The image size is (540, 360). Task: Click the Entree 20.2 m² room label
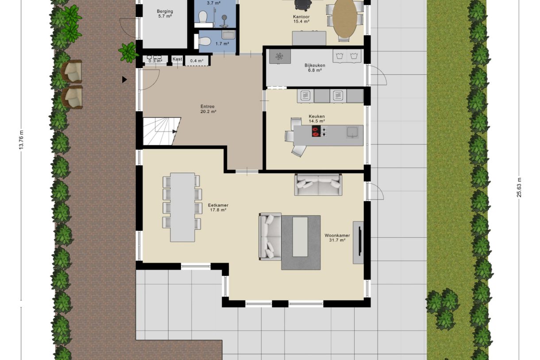point(208,109)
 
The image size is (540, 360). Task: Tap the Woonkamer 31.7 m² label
point(337,238)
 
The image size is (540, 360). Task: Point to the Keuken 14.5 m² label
point(317,119)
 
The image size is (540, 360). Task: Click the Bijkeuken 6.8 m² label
point(315,68)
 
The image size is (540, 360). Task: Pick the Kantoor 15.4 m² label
point(301,19)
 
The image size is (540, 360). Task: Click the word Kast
point(177,59)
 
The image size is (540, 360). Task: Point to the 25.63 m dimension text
point(519,187)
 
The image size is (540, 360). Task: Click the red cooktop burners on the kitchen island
point(316,131)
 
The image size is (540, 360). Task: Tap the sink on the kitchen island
point(352,132)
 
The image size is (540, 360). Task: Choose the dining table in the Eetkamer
point(182,207)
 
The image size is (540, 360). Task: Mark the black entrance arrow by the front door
point(125,80)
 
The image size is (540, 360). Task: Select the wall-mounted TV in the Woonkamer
point(360,242)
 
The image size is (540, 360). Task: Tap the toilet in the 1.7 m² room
point(204,42)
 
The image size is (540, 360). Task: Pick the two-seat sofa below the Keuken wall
point(318,184)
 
